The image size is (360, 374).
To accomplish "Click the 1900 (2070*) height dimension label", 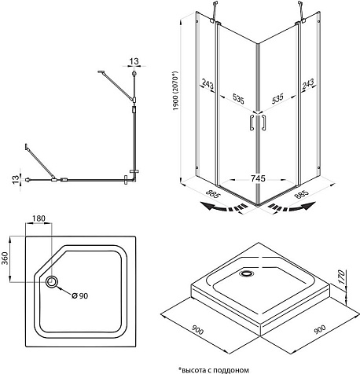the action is tap(175, 90).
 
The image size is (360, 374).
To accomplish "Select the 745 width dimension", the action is tap(258, 178).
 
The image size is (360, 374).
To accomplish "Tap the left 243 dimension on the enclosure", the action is tap(208, 84).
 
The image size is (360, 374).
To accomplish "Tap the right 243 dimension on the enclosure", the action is tap(308, 84).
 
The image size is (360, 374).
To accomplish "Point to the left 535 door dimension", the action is tap(238, 99).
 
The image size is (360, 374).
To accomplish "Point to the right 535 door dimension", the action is tap(277, 99).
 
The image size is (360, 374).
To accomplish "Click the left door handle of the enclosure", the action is tap(252, 122).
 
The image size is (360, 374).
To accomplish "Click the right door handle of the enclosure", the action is tap(263, 122).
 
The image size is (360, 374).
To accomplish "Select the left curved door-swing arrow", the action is tap(224, 207).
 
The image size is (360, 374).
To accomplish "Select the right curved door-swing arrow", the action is tap(292, 207).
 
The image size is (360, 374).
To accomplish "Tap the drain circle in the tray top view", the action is tap(52, 282).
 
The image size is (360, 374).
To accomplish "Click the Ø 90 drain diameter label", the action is tap(80, 295).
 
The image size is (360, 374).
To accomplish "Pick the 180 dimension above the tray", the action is tap(39, 218).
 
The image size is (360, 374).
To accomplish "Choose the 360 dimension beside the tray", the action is tap(6, 258).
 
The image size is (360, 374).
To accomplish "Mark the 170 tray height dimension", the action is tap(340, 277).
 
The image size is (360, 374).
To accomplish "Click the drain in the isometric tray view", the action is tap(247, 273).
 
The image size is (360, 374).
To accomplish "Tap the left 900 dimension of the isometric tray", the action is tap(197, 330).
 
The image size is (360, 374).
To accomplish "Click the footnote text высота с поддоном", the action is tap(215, 370).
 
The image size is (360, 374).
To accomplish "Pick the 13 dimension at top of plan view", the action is tap(134, 61).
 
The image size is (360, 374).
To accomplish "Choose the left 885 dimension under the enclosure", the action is tap(212, 194).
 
